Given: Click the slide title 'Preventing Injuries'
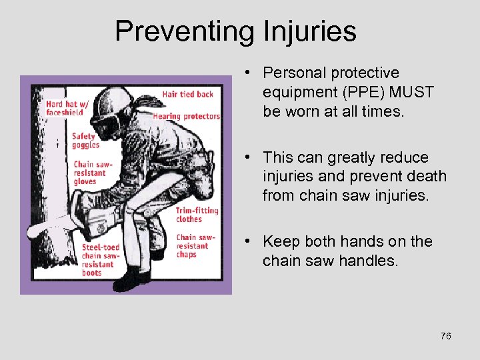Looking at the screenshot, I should pos(235,31).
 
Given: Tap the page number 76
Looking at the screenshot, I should pos(446,336).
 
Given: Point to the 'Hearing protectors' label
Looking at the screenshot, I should pos(191,116).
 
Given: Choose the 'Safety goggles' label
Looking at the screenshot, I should pos(85,141).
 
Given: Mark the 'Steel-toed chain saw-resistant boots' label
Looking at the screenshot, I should pos(101,259).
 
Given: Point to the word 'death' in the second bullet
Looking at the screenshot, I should pos(423,177).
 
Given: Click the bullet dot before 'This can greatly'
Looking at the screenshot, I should pos(247,157).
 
